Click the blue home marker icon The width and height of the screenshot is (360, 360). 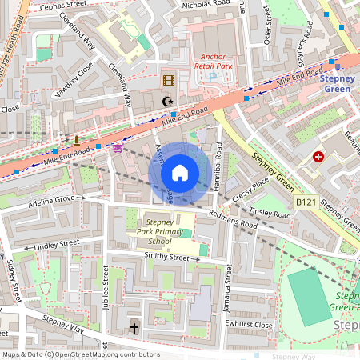[x=180, y=173]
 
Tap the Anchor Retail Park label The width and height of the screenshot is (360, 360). [x=214, y=61]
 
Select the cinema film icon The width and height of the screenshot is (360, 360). [x=168, y=80]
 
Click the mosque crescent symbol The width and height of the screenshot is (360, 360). [x=168, y=101]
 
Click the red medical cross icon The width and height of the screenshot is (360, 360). [x=319, y=157]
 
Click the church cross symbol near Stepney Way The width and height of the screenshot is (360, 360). [x=134, y=329]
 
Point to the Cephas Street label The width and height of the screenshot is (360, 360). [x=57, y=5]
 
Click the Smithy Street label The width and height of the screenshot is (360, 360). [x=166, y=258]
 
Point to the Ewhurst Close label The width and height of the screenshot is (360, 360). [x=249, y=325]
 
